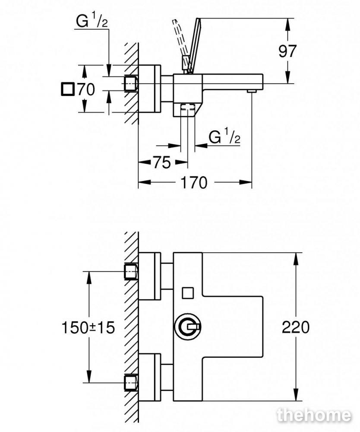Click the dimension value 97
click(287, 51)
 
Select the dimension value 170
click(194, 182)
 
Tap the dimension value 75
click(162, 162)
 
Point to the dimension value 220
click(296, 327)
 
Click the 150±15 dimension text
click(88, 328)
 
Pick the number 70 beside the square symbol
click(86, 89)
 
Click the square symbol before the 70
click(67, 89)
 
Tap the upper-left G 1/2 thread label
click(92, 21)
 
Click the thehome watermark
click(314, 415)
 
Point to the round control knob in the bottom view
click(188, 327)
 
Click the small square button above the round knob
click(188, 293)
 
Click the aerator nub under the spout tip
click(252, 91)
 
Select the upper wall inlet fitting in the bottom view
click(131, 272)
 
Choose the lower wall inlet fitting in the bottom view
click(131, 382)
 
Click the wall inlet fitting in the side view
click(131, 83)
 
